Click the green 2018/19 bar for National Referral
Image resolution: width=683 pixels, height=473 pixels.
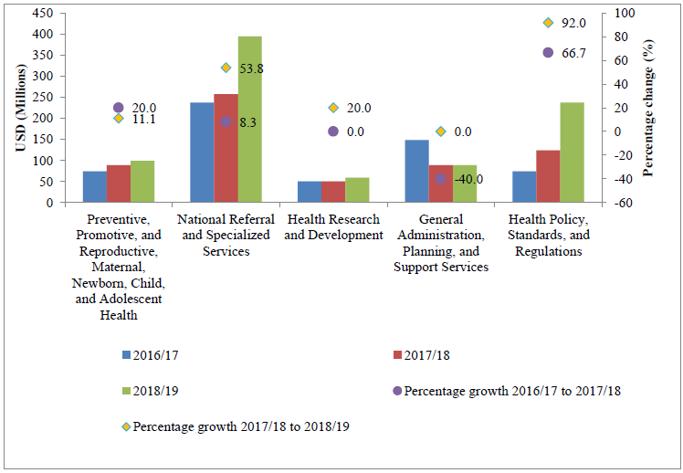(250, 120)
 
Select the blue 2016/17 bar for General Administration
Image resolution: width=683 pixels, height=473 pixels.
(417, 171)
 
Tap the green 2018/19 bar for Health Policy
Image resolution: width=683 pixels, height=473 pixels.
(573, 152)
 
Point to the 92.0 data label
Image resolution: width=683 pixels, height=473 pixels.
(573, 23)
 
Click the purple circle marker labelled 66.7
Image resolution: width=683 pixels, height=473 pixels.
(548, 53)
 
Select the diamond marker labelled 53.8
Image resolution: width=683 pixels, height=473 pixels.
(226, 68)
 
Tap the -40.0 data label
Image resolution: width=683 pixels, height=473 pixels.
(468, 179)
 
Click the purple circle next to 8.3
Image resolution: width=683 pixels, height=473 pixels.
(226, 121)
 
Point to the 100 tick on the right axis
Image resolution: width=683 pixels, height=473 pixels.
(624, 13)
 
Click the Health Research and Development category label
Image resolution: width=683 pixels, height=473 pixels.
(333, 227)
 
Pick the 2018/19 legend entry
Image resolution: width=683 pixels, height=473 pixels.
(152, 391)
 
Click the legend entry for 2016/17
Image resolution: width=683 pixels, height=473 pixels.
(152, 354)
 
